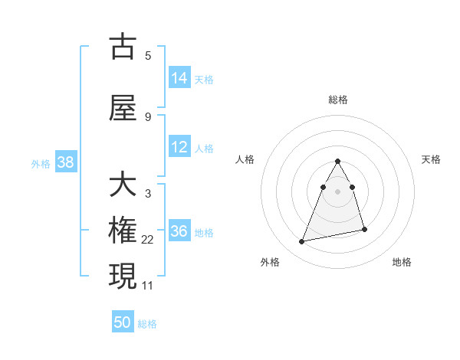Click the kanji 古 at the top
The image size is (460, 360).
(x=123, y=47)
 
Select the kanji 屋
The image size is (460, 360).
(x=123, y=108)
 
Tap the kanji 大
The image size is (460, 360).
(x=123, y=185)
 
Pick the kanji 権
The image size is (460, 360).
(x=123, y=231)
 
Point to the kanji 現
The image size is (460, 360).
(x=123, y=277)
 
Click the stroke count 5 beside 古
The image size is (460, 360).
(x=148, y=56)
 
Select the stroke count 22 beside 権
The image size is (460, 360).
(x=148, y=240)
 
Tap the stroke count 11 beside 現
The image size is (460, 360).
(x=148, y=286)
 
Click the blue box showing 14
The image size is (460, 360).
(x=179, y=78)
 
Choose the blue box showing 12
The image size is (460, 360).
(x=179, y=147)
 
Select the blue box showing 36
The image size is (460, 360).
(x=179, y=231)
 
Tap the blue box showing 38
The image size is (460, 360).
(x=65, y=162)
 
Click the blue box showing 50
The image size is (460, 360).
(x=123, y=322)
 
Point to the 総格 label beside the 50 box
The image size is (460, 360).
(x=147, y=324)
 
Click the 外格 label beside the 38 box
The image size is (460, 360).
(x=40, y=163)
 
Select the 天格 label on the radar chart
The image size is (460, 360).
(x=431, y=159)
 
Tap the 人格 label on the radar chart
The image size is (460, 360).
(x=245, y=159)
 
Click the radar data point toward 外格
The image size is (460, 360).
(x=302, y=242)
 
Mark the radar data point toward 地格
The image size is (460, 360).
(x=364, y=229)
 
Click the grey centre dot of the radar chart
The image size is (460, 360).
(x=337, y=191)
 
